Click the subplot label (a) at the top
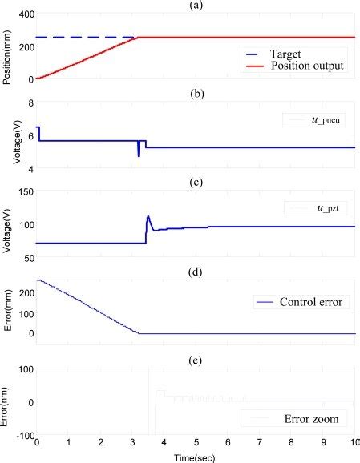click(197, 6)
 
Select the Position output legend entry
click(301, 66)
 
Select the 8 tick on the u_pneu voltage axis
click(27, 103)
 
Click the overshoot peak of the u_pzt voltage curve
click(148, 215)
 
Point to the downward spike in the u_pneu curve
click(139, 155)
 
